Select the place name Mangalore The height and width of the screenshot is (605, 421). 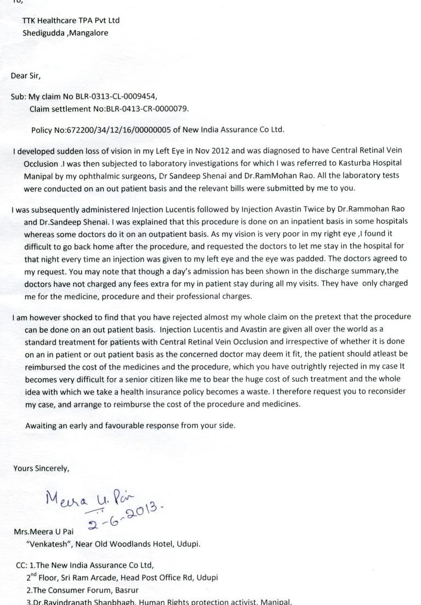tap(89, 33)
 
